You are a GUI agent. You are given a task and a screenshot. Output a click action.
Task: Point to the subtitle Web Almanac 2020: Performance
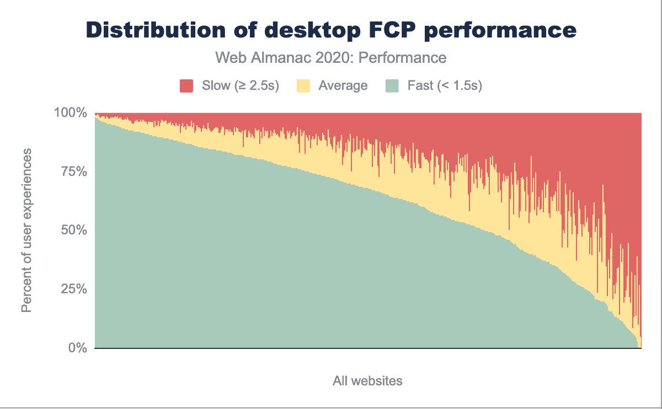[330, 57]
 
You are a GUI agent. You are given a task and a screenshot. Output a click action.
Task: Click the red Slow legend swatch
[186, 86]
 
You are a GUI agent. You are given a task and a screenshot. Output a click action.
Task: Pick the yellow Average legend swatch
[303, 86]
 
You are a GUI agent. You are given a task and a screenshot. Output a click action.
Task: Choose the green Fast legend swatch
[392, 86]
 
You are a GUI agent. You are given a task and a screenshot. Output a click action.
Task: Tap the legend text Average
[343, 86]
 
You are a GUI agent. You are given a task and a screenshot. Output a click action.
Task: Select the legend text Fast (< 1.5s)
[445, 86]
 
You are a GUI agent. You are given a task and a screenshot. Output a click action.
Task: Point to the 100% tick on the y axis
[71, 113]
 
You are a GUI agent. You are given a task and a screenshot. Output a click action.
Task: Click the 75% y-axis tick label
[73, 171]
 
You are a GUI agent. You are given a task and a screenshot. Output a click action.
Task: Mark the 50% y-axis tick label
[73, 230]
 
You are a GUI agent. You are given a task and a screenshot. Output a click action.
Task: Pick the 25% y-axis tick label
[73, 289]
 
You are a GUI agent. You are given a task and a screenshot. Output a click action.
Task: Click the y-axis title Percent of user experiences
[26, 230]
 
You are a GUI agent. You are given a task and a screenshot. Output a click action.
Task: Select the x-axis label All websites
[367, 381]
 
